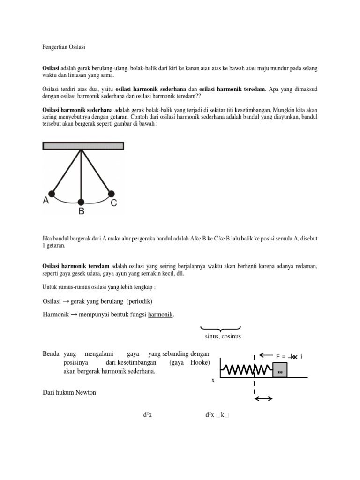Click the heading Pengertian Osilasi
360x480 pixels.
[x=63, y=47]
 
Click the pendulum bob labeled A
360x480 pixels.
[x=52, y=193]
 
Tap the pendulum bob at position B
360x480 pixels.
[x=82, y=202]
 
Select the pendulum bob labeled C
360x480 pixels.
[x=112, y=193]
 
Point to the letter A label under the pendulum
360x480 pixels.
[x=46, y=201]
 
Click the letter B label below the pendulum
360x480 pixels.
[x=81, y=212]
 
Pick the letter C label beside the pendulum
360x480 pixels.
[x=114, y=203]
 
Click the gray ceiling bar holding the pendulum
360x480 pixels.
[x=83, y=146]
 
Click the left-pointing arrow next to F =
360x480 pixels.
[x=266, y=355]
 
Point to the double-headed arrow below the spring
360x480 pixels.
[x=263, y=398]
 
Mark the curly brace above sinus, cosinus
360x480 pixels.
[x=220, y=329]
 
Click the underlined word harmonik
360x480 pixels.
[x=160, y=315]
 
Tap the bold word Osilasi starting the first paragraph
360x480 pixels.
[x=52, y=68]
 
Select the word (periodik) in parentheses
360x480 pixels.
[x=142, y=300]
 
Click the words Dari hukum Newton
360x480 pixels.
[x=69, y=392]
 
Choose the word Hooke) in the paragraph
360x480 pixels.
[x=201, y=363]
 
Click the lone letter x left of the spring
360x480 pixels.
[x=213, y=380]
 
